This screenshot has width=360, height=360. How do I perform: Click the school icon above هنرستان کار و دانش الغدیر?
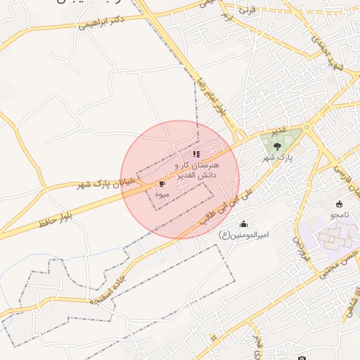(x=196, y=153)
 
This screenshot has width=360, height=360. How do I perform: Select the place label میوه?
(x=162, y=193)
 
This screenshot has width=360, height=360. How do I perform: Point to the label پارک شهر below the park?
(x=277, y=158)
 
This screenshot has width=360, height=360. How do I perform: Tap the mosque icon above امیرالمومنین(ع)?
(x=243, y=224)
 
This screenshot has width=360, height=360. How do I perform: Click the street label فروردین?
(x=299, y=246)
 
